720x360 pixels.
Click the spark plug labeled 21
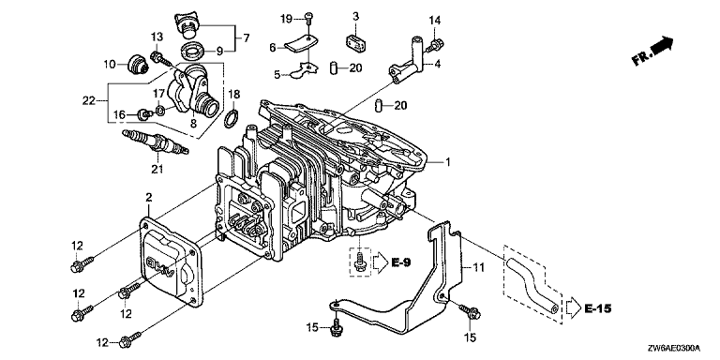click(x=156, y=142)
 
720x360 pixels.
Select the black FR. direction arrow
click(x=662, y=45)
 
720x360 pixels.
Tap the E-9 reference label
click(x=401, y=262)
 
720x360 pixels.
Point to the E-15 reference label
click(x=598, y=308)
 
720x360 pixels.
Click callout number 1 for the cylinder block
click(x=447, y=162)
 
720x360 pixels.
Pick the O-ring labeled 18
click(x=232, y=118)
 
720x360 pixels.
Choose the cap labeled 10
click(x=137, y=66)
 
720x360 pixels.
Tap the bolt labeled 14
click(x=435, y=45)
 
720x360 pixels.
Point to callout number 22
click(x=89, y=100)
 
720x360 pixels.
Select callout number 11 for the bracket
click(x=479, y=268)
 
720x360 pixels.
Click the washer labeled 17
click(x=160, y=111)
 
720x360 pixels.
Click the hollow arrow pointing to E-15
click(x=574, y=307)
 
